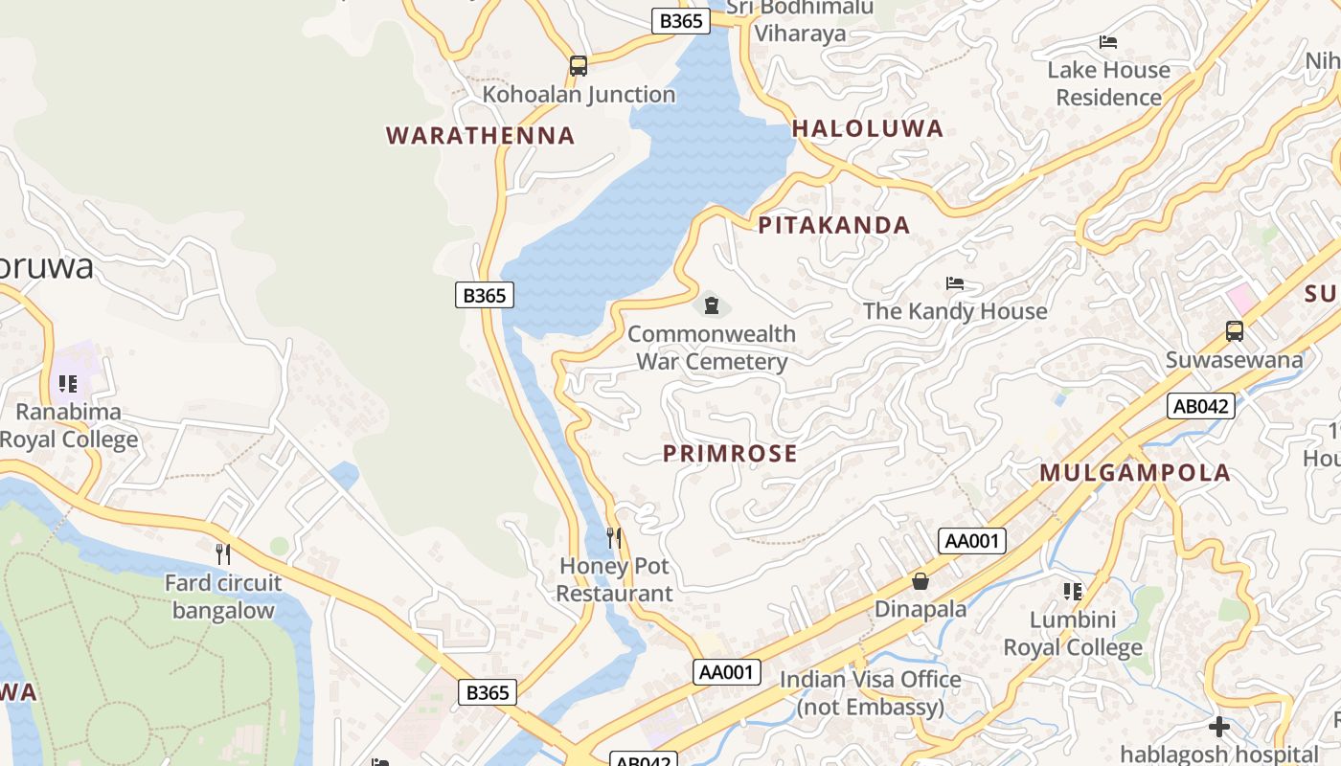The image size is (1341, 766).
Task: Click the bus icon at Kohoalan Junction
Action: click(578, 65)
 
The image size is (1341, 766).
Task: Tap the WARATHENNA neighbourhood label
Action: click(480, 136)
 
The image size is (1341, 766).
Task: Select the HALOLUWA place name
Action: click(867, 128)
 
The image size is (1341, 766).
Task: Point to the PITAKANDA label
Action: click(833, 226)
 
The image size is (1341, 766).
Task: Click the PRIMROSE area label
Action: click(730, 454)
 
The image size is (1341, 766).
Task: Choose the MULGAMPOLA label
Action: click(1135, 473)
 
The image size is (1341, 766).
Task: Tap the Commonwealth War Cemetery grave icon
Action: click(711, 305)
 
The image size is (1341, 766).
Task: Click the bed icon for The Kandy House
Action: click(954, 283)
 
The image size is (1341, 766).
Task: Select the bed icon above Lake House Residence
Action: click(1108, 42)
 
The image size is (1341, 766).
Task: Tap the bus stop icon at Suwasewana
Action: click(1234, 331)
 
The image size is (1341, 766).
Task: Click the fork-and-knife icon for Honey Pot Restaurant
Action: click(614, 538)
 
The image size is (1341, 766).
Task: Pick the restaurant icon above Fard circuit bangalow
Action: click(223, 553)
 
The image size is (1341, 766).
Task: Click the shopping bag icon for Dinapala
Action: click(920, 581)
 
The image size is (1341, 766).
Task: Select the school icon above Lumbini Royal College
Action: click(1072, 592)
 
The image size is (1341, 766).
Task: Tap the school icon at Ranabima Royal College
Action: click(67, 384)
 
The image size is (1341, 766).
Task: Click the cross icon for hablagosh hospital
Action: click(1218, 726)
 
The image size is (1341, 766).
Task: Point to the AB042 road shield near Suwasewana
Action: click(1201, 406)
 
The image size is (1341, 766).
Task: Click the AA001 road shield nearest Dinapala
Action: click(971, 541)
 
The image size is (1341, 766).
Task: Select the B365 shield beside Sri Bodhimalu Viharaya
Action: click(680, 21)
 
